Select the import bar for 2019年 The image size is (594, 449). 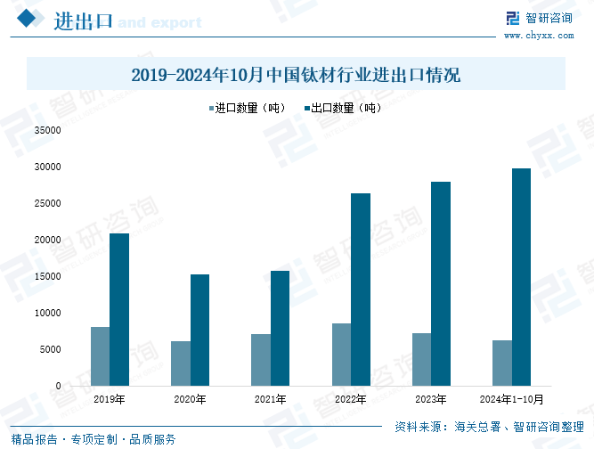pyautogui.click(x=100, y=356)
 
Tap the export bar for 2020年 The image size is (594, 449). pyautogui.click(x=199, y=330)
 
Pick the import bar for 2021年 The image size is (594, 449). pyautogui.click(x=260, y=360)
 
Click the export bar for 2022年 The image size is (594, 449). pyautogui.click(x=360, y=290)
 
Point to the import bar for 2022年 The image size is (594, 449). pyautogui.click(x=340, y=355)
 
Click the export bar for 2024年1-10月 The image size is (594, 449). pyautogui.click(x=521, y=277)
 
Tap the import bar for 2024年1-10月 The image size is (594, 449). pyautogui.click(x=501, y=363)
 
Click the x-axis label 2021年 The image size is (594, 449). pyautogui.click(x=270, y=399)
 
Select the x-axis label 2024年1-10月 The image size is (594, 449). pyautogui.click(x=511, y=399)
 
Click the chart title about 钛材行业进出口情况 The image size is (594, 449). pyautogui.click(x=296, y=75)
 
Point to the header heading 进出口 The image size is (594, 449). pyautogui.click(x=82, y=20)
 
